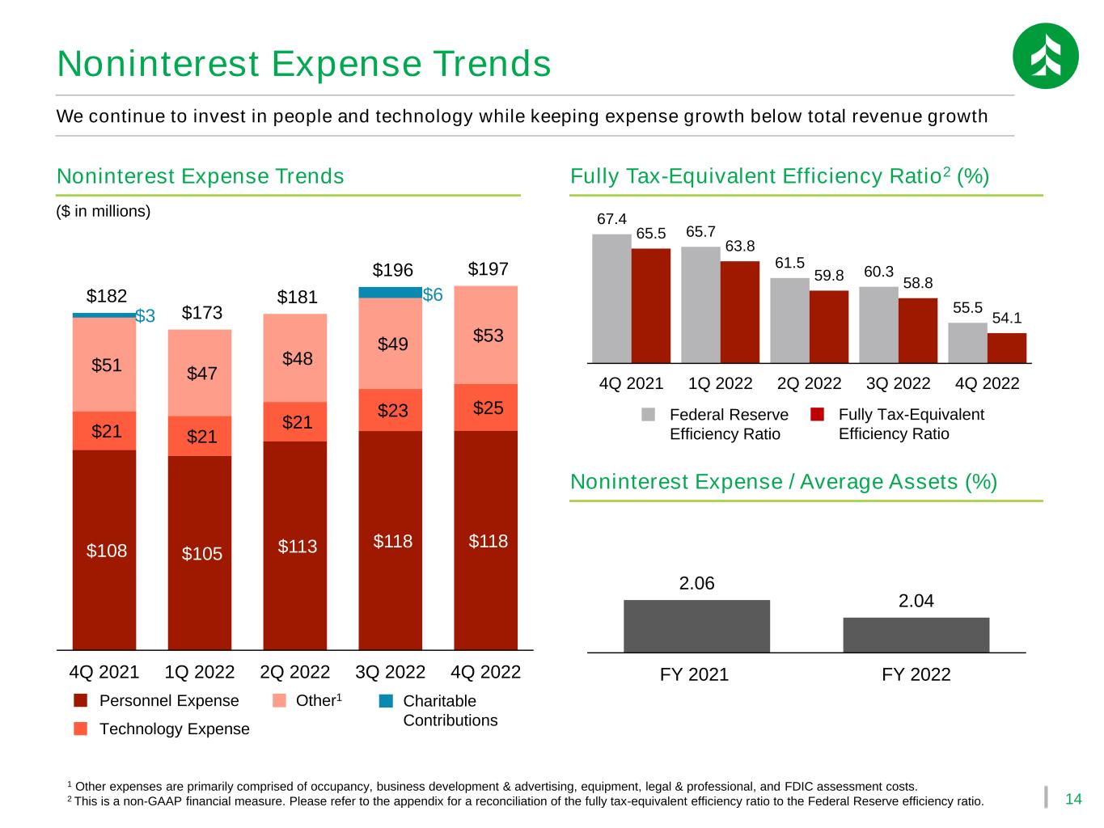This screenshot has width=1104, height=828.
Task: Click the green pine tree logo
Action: point(1045,56)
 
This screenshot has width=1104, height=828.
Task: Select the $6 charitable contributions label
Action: point(432,294)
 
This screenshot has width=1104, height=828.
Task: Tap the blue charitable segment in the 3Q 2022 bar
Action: point(390,293)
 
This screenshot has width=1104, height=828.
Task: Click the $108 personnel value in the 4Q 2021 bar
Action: point(107,551)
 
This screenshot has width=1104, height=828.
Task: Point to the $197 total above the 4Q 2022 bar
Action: point(488,268)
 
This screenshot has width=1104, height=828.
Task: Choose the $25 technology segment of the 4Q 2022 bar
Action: point(485,408)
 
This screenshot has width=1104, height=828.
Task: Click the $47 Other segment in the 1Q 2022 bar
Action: point(200,373)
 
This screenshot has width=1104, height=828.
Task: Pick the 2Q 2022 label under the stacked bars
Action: point(294,672)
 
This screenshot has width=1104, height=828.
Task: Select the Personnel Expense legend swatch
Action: point(80,700)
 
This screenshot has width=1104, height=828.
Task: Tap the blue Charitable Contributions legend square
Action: point(386,701)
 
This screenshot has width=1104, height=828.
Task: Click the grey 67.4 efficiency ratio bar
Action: point(611,298)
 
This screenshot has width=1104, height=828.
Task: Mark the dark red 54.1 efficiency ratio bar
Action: point(1006,348)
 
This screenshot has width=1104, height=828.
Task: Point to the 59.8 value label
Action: point(829,276)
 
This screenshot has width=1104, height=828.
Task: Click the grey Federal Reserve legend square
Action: point(649,414)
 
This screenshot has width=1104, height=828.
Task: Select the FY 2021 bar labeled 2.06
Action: point(696,626)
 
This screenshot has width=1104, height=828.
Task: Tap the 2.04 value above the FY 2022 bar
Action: point(916,601)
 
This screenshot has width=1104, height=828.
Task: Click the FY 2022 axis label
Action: point(916,674)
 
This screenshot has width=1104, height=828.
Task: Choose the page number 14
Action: point(1073,799)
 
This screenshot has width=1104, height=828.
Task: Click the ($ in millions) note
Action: point(103,211)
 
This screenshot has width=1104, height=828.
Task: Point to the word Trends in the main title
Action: point(492,63)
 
